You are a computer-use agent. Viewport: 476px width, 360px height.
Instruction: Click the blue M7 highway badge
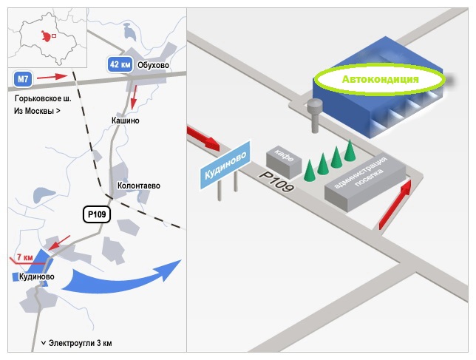point(23,79)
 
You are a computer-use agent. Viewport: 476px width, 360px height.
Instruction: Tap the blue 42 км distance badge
point(120,64)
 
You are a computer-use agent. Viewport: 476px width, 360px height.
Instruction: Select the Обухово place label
point(153,65)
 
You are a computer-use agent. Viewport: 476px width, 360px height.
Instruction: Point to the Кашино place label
point(126,120)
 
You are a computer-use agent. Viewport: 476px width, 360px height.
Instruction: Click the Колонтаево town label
point(139,186)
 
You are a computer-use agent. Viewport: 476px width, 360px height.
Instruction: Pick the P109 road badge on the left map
point(97,214)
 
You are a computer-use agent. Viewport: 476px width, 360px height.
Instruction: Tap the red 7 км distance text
point(25,257)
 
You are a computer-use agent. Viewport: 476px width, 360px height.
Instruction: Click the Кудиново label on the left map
point(37,276)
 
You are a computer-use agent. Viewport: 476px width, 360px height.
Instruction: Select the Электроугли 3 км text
point(80,343)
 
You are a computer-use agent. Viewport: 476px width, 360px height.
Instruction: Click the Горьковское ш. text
point(43,98)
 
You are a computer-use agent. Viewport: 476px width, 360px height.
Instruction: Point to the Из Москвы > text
point(37,111)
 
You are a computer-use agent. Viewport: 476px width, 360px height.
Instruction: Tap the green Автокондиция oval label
point(380,79)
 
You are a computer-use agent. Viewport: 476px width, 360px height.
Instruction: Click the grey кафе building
point(284,163)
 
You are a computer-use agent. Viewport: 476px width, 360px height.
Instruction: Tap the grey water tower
point(315,115)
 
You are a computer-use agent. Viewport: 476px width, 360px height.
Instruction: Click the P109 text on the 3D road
point(276,182)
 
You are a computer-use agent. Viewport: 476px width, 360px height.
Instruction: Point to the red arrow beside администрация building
point(395,205)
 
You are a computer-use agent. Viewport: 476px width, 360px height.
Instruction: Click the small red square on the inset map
point(54,35)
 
